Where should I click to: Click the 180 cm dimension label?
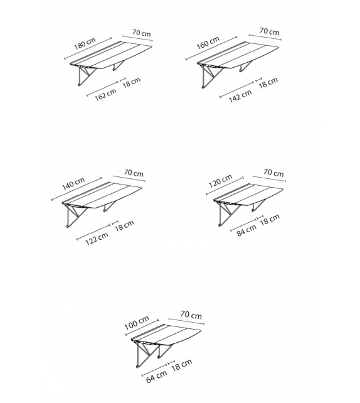coord(85,44)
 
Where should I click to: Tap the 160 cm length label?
coord(208,43)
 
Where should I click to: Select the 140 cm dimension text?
coord(73,183)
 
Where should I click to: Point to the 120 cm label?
coord(220,181)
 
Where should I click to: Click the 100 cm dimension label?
coord(137,323)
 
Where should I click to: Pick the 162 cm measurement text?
coord(105,95)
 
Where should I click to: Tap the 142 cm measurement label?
coord(240,96)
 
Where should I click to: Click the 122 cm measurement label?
coord(97,239)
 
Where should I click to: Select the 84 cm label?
coord(246,230)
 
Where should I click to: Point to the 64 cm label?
coord(157,376)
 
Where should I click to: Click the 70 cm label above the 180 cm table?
coord(142,33)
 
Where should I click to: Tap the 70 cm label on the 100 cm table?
coord(191,314)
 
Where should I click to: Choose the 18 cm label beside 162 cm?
coord(132,82)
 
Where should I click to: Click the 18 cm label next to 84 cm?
coord(270,220)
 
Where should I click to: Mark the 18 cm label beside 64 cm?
coord(181,365)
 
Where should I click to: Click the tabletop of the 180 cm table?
coord(111,55)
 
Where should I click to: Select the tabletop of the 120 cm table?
coord(248,195)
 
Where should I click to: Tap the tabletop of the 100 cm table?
coord(166,335)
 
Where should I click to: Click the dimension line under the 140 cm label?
coord(77,189)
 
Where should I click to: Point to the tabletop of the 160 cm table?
coord(238,55)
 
